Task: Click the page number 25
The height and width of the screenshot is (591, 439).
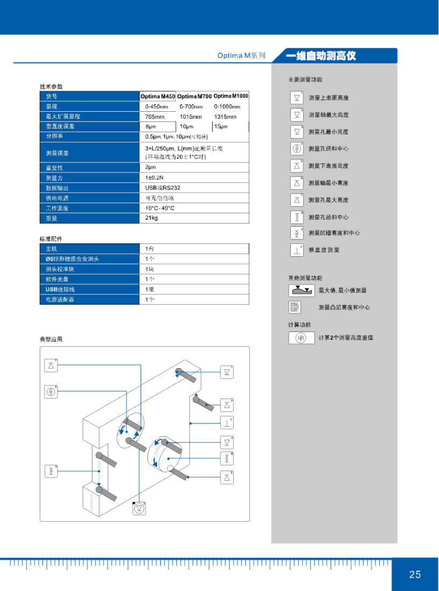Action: [415, 574]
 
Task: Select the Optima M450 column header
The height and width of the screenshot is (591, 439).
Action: [158, 96]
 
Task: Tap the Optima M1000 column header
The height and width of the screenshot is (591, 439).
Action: [231, 96]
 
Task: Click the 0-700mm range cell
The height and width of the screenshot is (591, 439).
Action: [191, 106]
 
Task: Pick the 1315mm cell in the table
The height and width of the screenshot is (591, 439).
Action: [225, 117]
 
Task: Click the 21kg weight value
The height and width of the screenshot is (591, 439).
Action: [152, 218]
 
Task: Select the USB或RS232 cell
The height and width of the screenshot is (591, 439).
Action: [163, 188]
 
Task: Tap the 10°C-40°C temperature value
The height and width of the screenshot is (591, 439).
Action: [160, 208]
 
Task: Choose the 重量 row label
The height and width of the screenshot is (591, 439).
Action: [52, 218]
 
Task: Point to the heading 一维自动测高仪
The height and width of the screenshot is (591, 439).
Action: [321, 56]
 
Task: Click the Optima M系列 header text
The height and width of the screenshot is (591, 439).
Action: [241, 55]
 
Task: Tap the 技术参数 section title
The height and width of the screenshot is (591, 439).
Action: [51, 87]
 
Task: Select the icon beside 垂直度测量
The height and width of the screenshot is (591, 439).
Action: [297, 250]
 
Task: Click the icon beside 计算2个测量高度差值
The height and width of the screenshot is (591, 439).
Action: [301, 338]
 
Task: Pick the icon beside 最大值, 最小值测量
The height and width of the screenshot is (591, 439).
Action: [301, 291]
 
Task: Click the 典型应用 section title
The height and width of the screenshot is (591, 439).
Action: [51, 339]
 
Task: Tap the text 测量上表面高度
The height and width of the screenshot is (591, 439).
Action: [328, 98]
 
